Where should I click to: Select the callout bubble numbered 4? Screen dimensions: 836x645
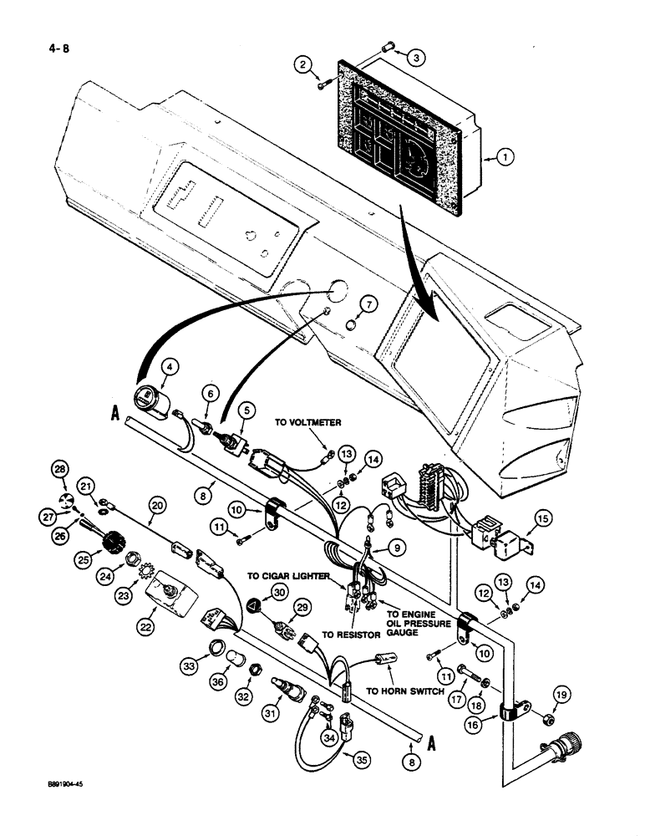[x=170, y=366]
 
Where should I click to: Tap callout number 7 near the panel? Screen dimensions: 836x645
[x=368, y=303]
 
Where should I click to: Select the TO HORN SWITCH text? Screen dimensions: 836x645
[x=406, y=691]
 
